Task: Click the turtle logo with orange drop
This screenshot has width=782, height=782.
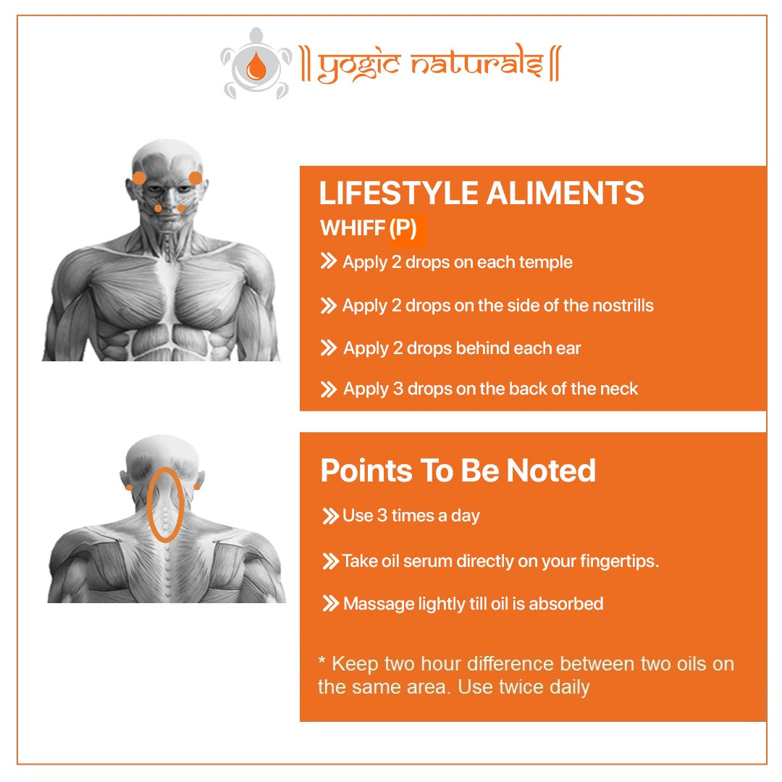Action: click(256, 64)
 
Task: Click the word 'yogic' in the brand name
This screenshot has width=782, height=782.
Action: click(358, 67)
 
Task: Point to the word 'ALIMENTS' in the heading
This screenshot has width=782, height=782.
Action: click(565, 193)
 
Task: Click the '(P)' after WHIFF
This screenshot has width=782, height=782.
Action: click(403, 228)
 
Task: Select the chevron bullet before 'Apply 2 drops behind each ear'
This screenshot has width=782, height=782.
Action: click(328, 348)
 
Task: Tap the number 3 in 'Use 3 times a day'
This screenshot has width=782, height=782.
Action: click(382, 516)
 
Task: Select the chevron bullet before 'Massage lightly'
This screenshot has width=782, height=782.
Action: click(331, 603)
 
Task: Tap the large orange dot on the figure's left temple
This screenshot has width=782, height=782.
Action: click(195, 178)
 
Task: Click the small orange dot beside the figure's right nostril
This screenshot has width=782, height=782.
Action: click(158, 209)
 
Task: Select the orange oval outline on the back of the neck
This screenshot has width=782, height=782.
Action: click(148, 505)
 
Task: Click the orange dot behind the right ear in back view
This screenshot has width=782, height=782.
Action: click(197, 487)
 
